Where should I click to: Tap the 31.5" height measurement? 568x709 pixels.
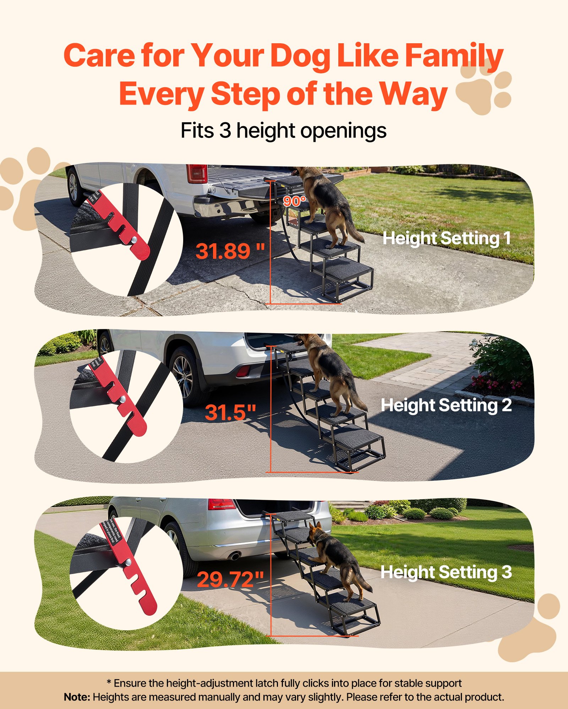230,412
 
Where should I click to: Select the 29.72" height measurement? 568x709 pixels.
230,579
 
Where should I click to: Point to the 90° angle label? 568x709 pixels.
294,201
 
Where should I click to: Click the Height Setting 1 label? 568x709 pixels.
446,238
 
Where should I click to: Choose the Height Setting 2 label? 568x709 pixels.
446,405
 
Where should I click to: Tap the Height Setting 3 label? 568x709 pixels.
446,572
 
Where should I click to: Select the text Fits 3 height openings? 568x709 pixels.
283,131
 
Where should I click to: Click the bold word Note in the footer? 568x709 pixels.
76,697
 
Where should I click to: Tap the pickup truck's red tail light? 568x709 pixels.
197,174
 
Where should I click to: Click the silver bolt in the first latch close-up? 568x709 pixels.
134,240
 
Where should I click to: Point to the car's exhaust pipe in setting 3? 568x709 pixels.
235,556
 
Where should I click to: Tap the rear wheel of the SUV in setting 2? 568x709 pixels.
184,377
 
